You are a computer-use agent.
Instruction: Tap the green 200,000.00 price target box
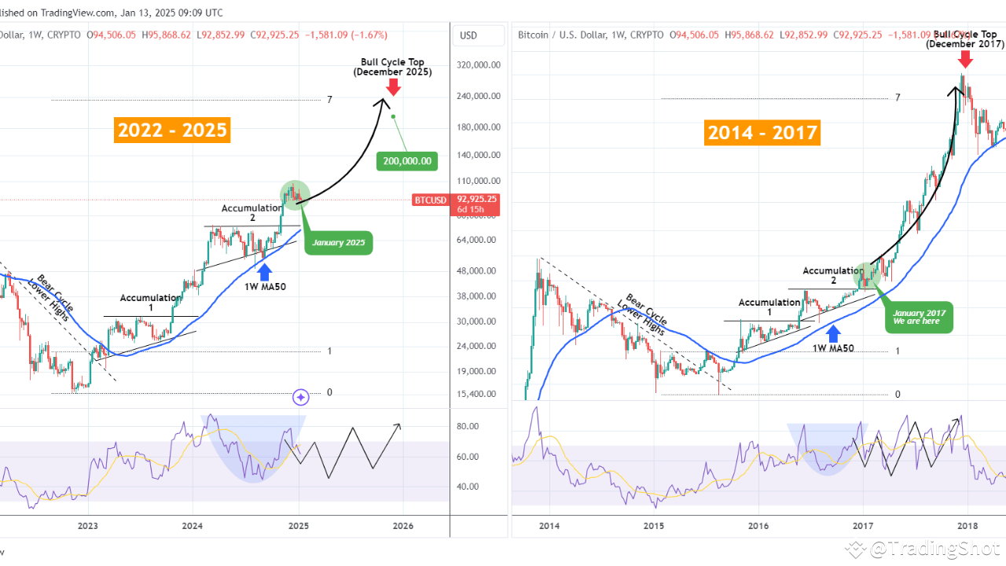point(406,160)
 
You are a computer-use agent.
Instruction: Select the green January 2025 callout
point(338,242)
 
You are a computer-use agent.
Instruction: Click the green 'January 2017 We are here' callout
point(920,317)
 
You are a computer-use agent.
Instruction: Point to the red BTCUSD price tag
point(432,200)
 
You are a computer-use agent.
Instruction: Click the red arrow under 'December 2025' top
point(393,87)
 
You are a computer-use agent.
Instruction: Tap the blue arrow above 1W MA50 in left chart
point(264,272)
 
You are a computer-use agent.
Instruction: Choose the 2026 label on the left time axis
point(402,526)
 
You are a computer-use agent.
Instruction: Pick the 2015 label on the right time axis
point(653,526)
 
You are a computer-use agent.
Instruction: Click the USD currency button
point(468,35)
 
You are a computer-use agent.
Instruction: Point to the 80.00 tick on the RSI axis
point(468,426)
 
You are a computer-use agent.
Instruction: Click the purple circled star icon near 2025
point(300,397)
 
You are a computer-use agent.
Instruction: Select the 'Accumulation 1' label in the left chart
point(151,303)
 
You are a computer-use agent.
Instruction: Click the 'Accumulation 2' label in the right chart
point(834,275)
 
